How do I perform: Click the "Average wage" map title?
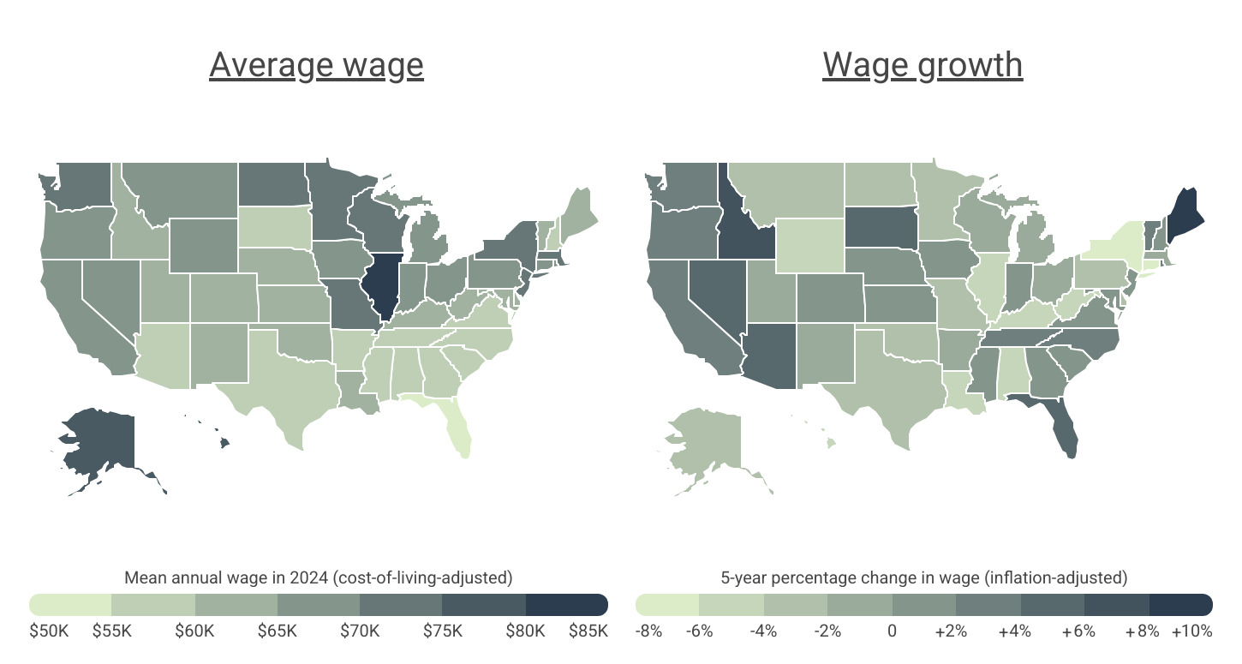pyautogui.click(x=316, y=65)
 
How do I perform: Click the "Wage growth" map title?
pyautogui.click(x=923, y=65)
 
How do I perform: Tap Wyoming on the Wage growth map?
pyautogui.click(x=809, y=243)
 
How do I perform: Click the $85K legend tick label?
pyautogui.click(x=588, y=631)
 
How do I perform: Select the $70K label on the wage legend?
pyautogui.click(x=360, y=631)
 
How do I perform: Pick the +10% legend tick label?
pyautogui.click(x=1193, y=631)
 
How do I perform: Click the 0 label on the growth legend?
pyautogui.click(x=892, y=631)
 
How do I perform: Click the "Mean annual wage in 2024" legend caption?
pyautogui.click(x=319, y=577)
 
